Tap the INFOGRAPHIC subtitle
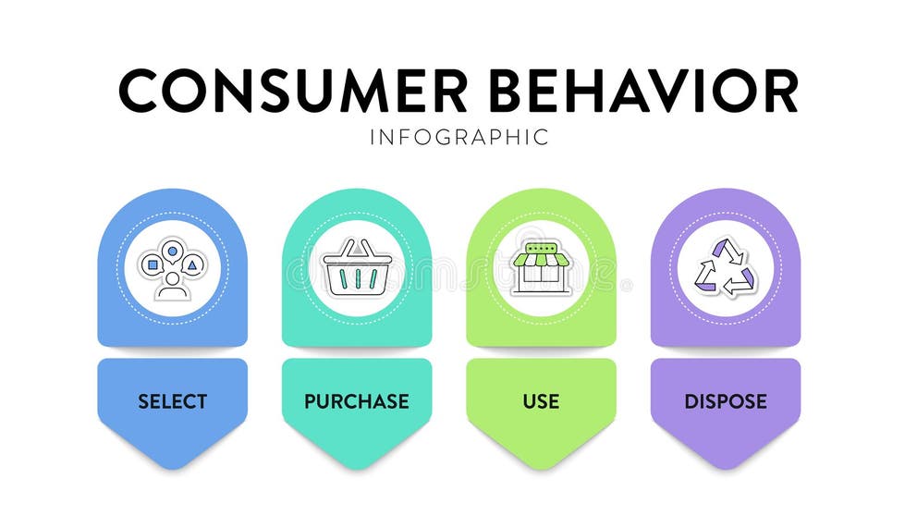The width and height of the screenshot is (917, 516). (x=458, y=137)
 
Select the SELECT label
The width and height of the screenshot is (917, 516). (x=173, y=401)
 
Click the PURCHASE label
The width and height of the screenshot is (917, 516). (x=357, y=401)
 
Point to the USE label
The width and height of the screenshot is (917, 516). (x=541, y=401)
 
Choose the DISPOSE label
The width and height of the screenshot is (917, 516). (x=726, y=401)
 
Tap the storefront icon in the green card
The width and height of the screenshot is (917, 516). (x=542, y=268)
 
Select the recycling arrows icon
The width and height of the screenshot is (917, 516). (x=726, y=268)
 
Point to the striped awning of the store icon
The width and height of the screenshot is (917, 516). (x=542, y=259)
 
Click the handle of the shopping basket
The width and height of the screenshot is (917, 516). (x=358, y=248)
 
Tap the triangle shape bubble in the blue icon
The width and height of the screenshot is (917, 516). (x=192, y=265)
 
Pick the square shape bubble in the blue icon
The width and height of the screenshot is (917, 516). (x=153, y=265)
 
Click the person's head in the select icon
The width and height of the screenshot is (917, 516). (x=173, y=276)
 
